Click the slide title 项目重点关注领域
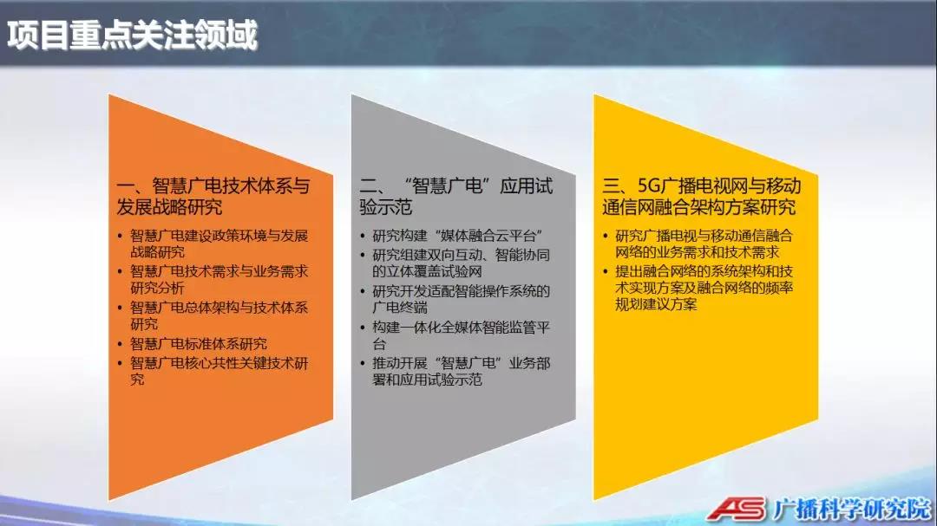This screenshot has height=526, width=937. point(132,35)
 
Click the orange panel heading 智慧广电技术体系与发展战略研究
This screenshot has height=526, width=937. point(213,197)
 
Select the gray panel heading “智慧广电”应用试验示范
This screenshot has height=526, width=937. point(456,197)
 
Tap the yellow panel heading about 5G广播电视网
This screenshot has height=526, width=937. point(702,197)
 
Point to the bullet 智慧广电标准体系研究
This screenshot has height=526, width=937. point(199,344)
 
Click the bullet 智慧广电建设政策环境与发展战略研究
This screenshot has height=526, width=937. point(220,244)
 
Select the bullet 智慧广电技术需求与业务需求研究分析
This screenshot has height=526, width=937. point(220,279)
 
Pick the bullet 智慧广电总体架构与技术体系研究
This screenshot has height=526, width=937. point(220,315)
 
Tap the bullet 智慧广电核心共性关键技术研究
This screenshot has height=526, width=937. point(220,372)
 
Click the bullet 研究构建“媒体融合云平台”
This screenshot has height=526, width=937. point(457,236)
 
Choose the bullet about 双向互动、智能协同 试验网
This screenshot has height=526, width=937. point(461,263)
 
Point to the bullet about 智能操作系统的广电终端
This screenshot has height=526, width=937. point(461,299)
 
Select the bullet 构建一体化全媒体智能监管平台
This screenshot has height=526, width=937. point(461,335)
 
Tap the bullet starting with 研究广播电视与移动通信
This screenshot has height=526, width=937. point(704,244)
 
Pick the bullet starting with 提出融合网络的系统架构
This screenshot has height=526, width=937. point(704,288)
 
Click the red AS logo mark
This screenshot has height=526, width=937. point(737,509)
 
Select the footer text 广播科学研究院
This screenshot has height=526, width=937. point(852,510)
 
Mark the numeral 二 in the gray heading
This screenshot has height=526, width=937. point(369,186)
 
